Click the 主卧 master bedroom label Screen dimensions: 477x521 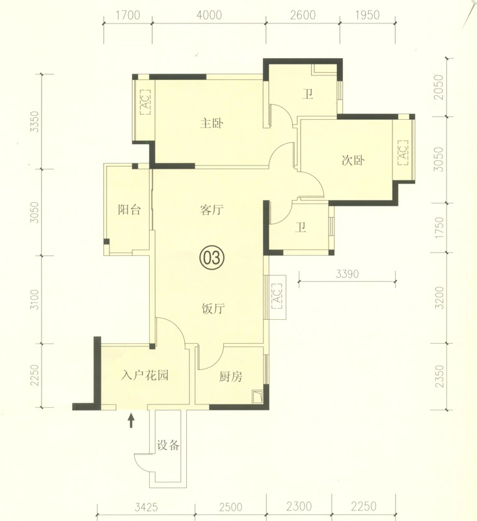(x=211, y=123)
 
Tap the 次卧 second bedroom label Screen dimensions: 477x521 (x=353, y=160)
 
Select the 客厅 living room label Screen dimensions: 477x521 (x=211, y=210)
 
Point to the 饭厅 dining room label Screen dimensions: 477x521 (x=213, y=309)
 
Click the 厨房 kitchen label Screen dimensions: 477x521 (x=231, y=376)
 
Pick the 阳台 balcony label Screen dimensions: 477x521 (x=129, y=210)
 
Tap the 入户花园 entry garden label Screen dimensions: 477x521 (x=144, y=375)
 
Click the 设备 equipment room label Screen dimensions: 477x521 (x=168, y=445)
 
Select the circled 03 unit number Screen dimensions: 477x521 (x=212, y=257)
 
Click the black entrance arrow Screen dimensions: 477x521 (x=131, y=420)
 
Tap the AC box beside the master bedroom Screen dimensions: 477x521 (x=145, y=102)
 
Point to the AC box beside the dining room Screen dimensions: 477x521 (x=277, y=296)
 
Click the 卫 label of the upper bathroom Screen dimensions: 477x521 (x=307, y=94)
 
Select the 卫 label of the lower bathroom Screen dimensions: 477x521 (x=301, y=227)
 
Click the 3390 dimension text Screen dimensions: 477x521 (x=348, y=274)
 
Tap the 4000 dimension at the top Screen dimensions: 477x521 (x=209, y=15)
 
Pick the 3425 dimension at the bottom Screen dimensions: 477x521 (x=146, y=507)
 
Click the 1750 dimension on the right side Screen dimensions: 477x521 (x=439, y=227)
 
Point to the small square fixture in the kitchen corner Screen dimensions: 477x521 (x=257, y=397)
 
